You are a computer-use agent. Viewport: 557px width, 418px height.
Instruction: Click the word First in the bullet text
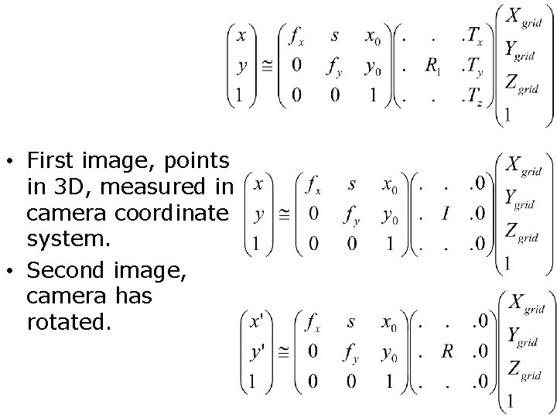(52, 161)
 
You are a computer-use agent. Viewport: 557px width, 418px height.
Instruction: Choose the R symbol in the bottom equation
(446, 352)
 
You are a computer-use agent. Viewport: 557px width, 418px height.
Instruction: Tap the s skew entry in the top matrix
(334, 36)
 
